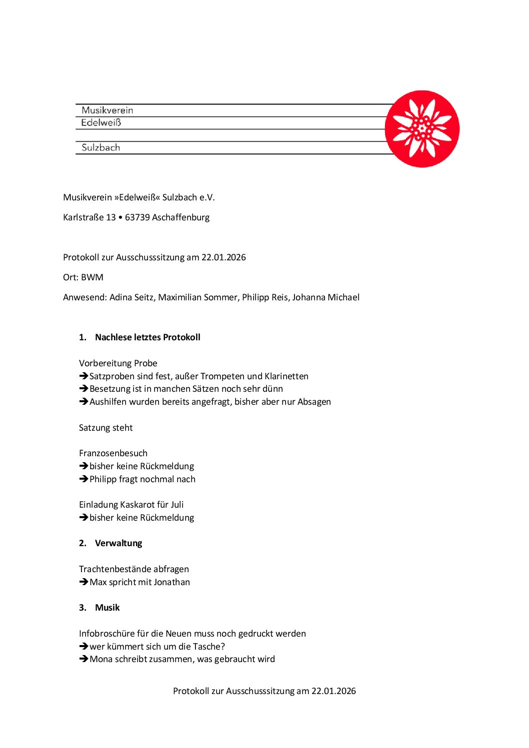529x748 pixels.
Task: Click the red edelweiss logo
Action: (422, 128)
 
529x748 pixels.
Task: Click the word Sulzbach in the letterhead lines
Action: (100, 147)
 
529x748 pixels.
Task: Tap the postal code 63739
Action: (137, 217)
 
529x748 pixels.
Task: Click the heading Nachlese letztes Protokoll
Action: (147, 337)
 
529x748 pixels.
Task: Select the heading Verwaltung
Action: (118, 543)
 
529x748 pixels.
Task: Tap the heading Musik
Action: (107, 608)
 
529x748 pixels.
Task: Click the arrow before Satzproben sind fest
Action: (83, 376)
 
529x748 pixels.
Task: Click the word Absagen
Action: (314, 402)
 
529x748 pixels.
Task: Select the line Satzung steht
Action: (106, 428)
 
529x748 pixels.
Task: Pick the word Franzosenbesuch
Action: (113, 453)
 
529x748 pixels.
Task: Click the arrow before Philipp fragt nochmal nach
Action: (83, 479)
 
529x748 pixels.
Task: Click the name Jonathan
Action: (171, 582)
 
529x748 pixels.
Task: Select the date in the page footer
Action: (333, 691)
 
